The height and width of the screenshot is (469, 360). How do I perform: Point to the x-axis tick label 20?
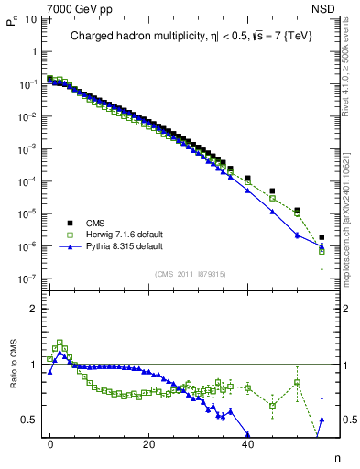coord(148,442)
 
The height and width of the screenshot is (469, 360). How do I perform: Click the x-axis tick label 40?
coord(247,442)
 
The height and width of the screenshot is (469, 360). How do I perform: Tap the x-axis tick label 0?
coord(50,442)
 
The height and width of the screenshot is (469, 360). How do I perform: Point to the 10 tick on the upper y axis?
coord(30,18)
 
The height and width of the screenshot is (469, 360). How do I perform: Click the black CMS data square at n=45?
coord(272,191)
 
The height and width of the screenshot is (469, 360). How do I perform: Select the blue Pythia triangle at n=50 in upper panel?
coord(297,234)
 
